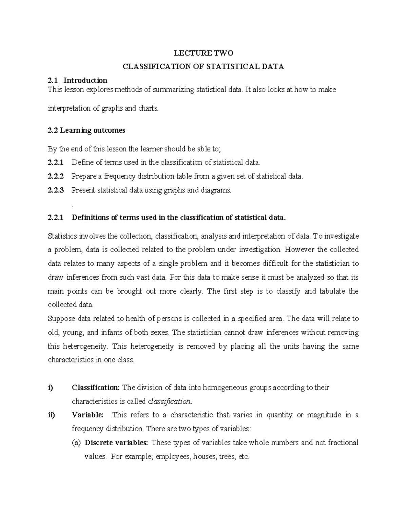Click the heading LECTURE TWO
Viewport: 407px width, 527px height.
[x=203, y=53]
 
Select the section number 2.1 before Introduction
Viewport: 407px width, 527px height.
[x=53, y=80]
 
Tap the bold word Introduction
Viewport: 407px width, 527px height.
[x=85, y=80]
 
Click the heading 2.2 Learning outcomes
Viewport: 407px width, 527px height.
[x=86, y=130]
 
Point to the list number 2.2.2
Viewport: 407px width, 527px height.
[x=56, y=176]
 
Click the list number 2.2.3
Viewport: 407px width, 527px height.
[x=56, y=190]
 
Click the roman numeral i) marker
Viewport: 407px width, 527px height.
[x=51, y=388]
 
